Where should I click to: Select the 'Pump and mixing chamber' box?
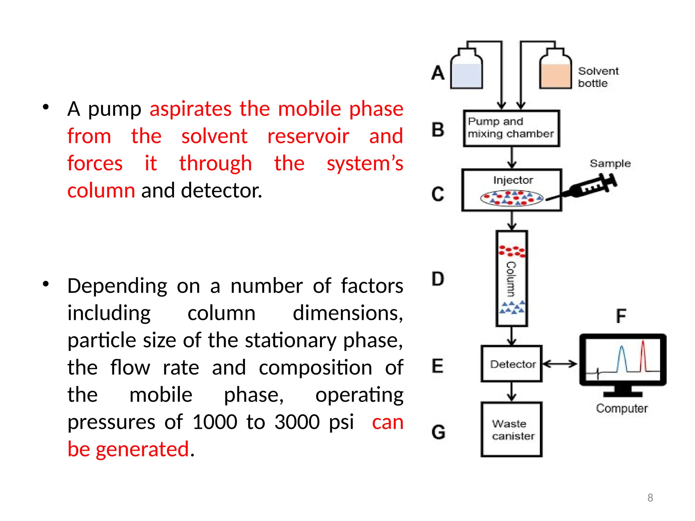click(x=511, y=128)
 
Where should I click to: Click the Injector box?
click(x=512, y=190)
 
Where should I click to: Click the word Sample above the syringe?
click(x=610, y=163)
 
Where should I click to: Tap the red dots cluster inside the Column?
click(x=512, y=251)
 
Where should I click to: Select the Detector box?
click(x=511, y=364)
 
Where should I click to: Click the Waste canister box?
click(x=511, y=429)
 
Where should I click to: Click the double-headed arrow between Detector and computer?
click(x=560, y=364)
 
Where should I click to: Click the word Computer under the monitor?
click(x=622, y=408)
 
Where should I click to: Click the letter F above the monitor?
click(x=621, y=316)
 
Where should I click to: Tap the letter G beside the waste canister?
click(x=438, y=432)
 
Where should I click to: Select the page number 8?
click(x=650, y=498)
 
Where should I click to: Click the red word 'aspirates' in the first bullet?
click(x=190, y=109)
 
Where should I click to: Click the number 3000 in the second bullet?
click(x=297, y=422)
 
